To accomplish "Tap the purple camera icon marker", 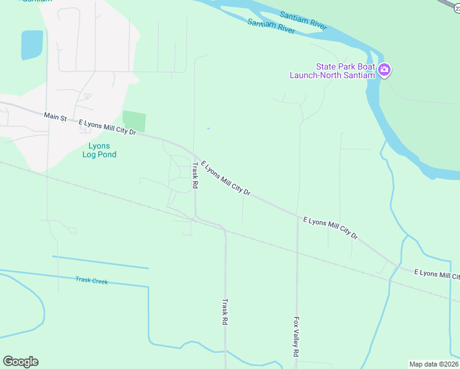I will click(384, 70).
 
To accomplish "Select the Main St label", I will click(55, 116).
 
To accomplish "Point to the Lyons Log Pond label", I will click(99, 150).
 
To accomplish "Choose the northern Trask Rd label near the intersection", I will click(196, 175).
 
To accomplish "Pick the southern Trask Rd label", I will click(225, 312).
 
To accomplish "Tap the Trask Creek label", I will click(92, 280).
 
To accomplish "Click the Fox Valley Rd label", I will click(296, 337).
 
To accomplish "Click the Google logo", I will click(20, 362).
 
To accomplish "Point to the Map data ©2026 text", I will click(434, 364).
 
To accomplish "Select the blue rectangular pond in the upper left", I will click(32, 45).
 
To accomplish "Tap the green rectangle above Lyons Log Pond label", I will click(134, 121).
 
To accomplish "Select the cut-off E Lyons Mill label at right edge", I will click(436, 274).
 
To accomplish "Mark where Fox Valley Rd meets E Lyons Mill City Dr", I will click(298, 216).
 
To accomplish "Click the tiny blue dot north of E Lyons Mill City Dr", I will click(208, 128).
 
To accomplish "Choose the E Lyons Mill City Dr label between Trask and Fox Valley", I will click(226, 178).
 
